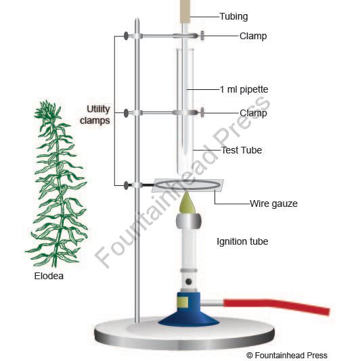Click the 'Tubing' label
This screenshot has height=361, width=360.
tap(233, 17)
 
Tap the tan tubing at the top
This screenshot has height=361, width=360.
tap(185, 11)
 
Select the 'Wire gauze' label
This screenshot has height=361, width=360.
tap(273, 203)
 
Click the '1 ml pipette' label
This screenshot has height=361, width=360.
tap(244, 89)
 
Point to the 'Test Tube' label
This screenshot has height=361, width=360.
tap(242, 150)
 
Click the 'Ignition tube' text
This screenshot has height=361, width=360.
tap(242, 242)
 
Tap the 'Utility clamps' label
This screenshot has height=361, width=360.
tap(95, 115)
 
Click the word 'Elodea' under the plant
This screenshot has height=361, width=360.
tap(49, 276)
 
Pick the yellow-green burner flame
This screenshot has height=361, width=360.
tap(187, 203)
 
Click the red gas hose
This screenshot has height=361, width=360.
tap(277, 306)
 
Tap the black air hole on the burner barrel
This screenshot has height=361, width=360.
tap(189, 281)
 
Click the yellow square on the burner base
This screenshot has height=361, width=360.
tap(183, 302)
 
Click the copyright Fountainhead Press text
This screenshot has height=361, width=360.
tap(287, 355)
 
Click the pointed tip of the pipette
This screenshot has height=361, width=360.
tap(185, 153)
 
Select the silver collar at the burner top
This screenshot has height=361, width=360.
tap(189, 221)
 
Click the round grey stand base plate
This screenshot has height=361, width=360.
tap(184, 335)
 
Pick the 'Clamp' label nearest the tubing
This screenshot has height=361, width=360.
tap(253, 36)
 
